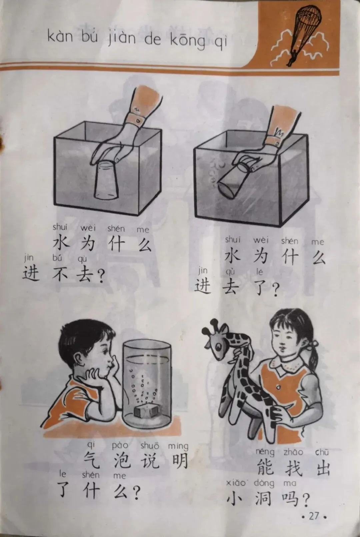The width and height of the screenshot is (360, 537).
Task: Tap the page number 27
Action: [314, 516]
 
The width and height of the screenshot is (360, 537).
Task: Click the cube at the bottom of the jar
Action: [145, 410]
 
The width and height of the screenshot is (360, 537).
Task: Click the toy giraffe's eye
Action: [218, 346]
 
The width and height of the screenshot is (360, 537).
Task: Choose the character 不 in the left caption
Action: [60, 273]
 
